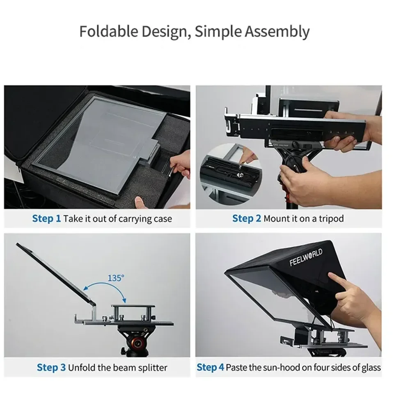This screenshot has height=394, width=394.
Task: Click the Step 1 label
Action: (x=46, y=218)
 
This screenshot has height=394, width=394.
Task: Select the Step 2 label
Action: (x=246, y=218)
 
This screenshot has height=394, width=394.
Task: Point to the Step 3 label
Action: (x=51, y=367)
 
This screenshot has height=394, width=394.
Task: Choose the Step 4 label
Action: (x=210, y=367)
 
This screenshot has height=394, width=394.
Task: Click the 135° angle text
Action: (x=116, y=278)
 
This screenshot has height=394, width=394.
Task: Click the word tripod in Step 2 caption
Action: (x=331, y=219)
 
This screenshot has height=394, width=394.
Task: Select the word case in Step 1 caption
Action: (x=163, y=218)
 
